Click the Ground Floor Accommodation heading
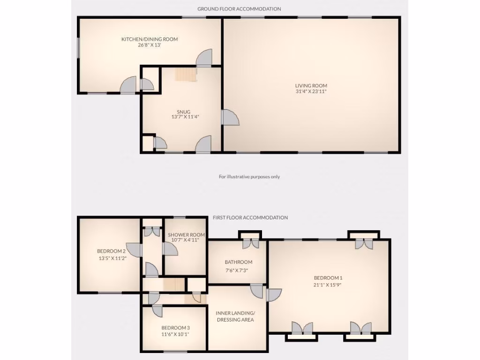[x=239, y=9]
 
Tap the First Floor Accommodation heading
[x=250, y=217]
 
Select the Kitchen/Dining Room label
[x=150, y=39]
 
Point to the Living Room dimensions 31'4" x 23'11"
[x=311, y=92]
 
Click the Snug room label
[x=183, y=112]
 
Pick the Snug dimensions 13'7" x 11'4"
[x=183, y=118]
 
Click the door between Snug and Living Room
[x=230, y=118]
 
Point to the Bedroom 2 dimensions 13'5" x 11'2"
[x=111, y=257]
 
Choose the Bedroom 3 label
[x=175, y=328]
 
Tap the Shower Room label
[x=180, y=235]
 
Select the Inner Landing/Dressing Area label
[x=235, y=316]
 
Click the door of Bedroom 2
[x=135, y=250]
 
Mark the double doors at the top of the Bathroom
[x=250, y=243]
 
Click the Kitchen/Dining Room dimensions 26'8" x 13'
[x=150, y=45]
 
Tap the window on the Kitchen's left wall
[x=79, y=49]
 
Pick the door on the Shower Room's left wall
[x=170, y=250]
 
